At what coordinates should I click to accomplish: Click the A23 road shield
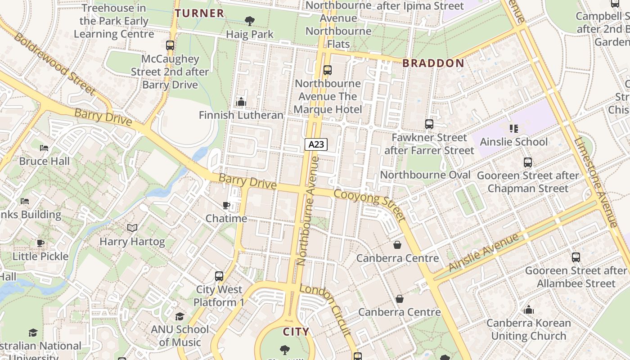316,144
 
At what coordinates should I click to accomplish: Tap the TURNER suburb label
199,13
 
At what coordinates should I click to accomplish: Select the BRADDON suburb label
433,63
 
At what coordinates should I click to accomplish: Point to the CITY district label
296,332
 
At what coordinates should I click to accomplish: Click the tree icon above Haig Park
249,21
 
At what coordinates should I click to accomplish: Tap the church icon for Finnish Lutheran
241,102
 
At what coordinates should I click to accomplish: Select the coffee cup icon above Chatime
226,205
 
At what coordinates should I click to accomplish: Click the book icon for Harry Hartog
132,228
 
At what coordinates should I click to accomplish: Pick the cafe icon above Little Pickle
40,243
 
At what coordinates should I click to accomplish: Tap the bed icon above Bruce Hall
44,148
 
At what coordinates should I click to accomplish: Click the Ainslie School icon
514,129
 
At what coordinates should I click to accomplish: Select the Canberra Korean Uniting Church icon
529,310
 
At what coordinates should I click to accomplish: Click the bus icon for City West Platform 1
219,276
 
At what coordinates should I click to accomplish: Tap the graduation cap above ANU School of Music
180,316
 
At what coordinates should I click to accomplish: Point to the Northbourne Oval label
425,175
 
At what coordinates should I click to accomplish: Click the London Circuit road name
325,310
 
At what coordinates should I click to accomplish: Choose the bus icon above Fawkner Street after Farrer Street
429,124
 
